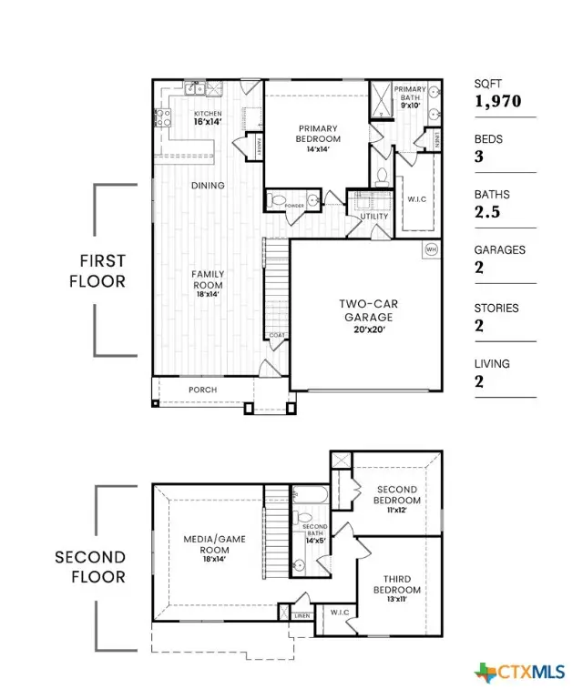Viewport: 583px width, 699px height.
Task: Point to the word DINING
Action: click(x=208, y=186)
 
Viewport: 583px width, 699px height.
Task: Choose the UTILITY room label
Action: click(x=374, y=217)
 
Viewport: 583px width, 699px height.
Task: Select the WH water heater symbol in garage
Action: click(x=431, y=248)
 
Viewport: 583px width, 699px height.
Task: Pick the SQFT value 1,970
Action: click(x=497, y=101)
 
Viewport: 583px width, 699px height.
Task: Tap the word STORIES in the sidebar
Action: click(x=496, y=308)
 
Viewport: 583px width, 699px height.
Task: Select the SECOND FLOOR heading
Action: click(x=90, y=567)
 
